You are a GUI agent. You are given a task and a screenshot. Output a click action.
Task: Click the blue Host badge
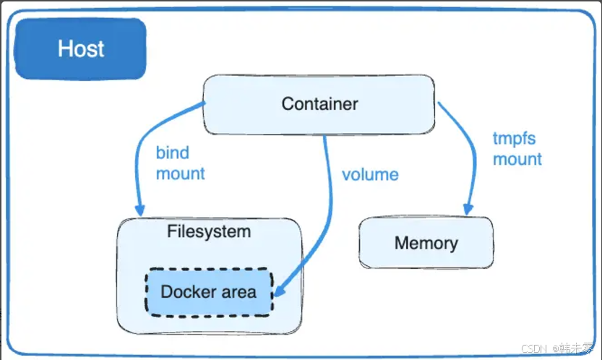80,49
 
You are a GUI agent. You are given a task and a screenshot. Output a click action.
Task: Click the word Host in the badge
81,49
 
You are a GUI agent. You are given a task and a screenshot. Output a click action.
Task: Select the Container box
319,104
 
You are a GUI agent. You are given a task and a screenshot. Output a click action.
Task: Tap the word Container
319,104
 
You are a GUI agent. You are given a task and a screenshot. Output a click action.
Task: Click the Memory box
426,243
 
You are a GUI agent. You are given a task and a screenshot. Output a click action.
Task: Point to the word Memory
426,243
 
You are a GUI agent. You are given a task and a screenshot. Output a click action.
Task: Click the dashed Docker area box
209,292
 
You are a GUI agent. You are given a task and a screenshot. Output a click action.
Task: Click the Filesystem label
209,232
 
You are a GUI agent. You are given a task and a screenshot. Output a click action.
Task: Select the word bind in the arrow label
172,153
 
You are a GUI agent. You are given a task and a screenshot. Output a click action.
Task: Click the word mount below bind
180,173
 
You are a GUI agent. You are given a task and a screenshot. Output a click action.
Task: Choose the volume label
370,174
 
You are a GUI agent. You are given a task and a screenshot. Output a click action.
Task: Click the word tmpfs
514,138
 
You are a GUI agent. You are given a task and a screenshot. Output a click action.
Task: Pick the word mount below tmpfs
517,158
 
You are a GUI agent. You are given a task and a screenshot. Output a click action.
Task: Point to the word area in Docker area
238,292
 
